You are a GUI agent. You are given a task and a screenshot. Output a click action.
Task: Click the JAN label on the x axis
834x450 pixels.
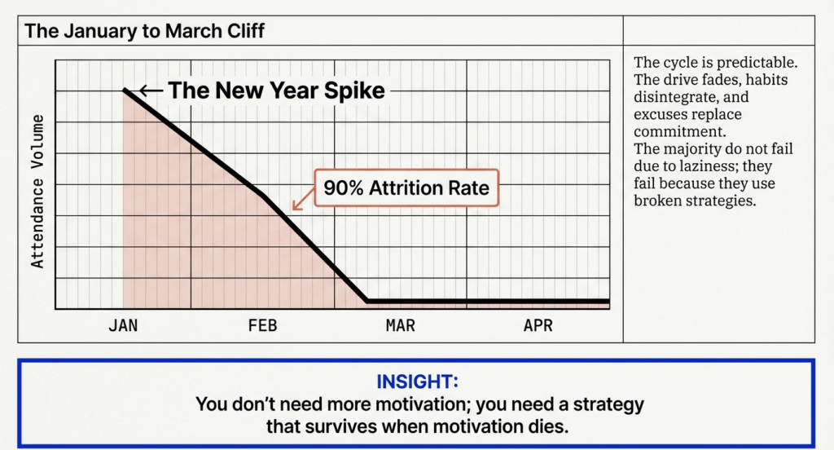click(123, 326)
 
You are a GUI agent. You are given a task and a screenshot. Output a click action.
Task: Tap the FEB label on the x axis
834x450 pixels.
click(262, 326)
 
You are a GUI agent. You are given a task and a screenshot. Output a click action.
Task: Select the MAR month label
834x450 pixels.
click(400, 326)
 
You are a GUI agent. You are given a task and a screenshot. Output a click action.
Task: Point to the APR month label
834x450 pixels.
click(538, 326)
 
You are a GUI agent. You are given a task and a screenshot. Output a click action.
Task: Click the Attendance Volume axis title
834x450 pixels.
click(37, 192)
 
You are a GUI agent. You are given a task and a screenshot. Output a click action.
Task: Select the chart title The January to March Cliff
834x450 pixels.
click(144, 32)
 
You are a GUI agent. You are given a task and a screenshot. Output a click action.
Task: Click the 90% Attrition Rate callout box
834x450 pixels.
click(406, 188)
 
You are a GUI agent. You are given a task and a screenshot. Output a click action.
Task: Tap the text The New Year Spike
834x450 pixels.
click(276, 90)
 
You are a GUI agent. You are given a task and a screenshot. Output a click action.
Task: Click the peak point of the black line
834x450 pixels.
click(125, 90)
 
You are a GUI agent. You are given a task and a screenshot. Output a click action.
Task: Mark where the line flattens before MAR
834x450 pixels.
click(367, 302)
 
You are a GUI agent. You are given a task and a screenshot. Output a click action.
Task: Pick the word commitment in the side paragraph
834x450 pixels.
click(678, 131)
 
